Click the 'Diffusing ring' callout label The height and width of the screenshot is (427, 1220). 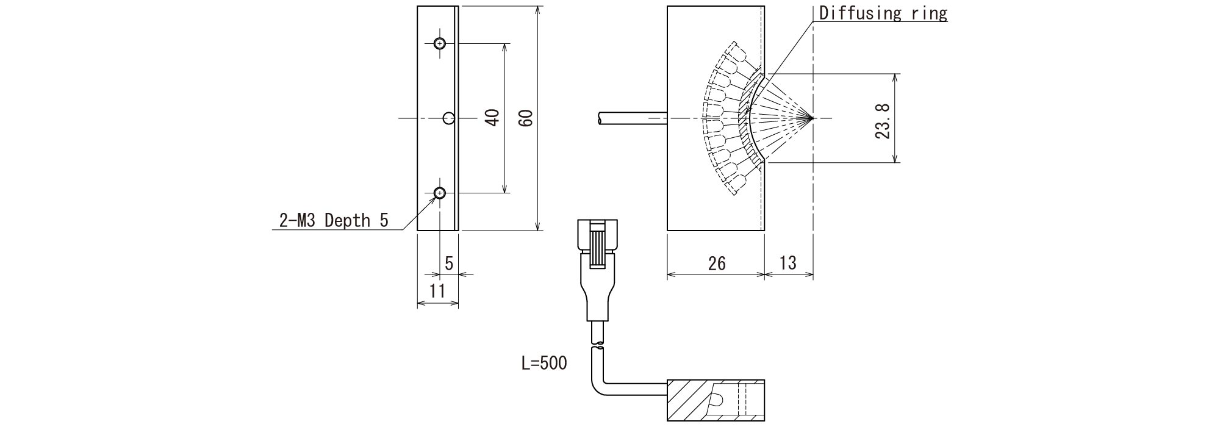pos(883,13)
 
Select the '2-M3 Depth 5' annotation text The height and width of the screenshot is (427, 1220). pos(333,220)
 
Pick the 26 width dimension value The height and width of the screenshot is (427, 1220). pos(717,263)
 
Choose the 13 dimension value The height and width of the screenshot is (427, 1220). pos(788,263)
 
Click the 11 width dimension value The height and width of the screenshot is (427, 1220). pos(437,291)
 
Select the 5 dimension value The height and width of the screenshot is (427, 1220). pos(449,264)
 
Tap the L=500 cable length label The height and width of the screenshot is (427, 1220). pos(544,364)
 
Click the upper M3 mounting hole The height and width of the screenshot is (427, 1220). pos(439,43)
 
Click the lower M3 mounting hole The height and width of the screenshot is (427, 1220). pos(439,193)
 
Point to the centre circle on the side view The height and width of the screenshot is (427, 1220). pos(449,118)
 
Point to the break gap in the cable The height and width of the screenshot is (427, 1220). pos(598,347)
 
